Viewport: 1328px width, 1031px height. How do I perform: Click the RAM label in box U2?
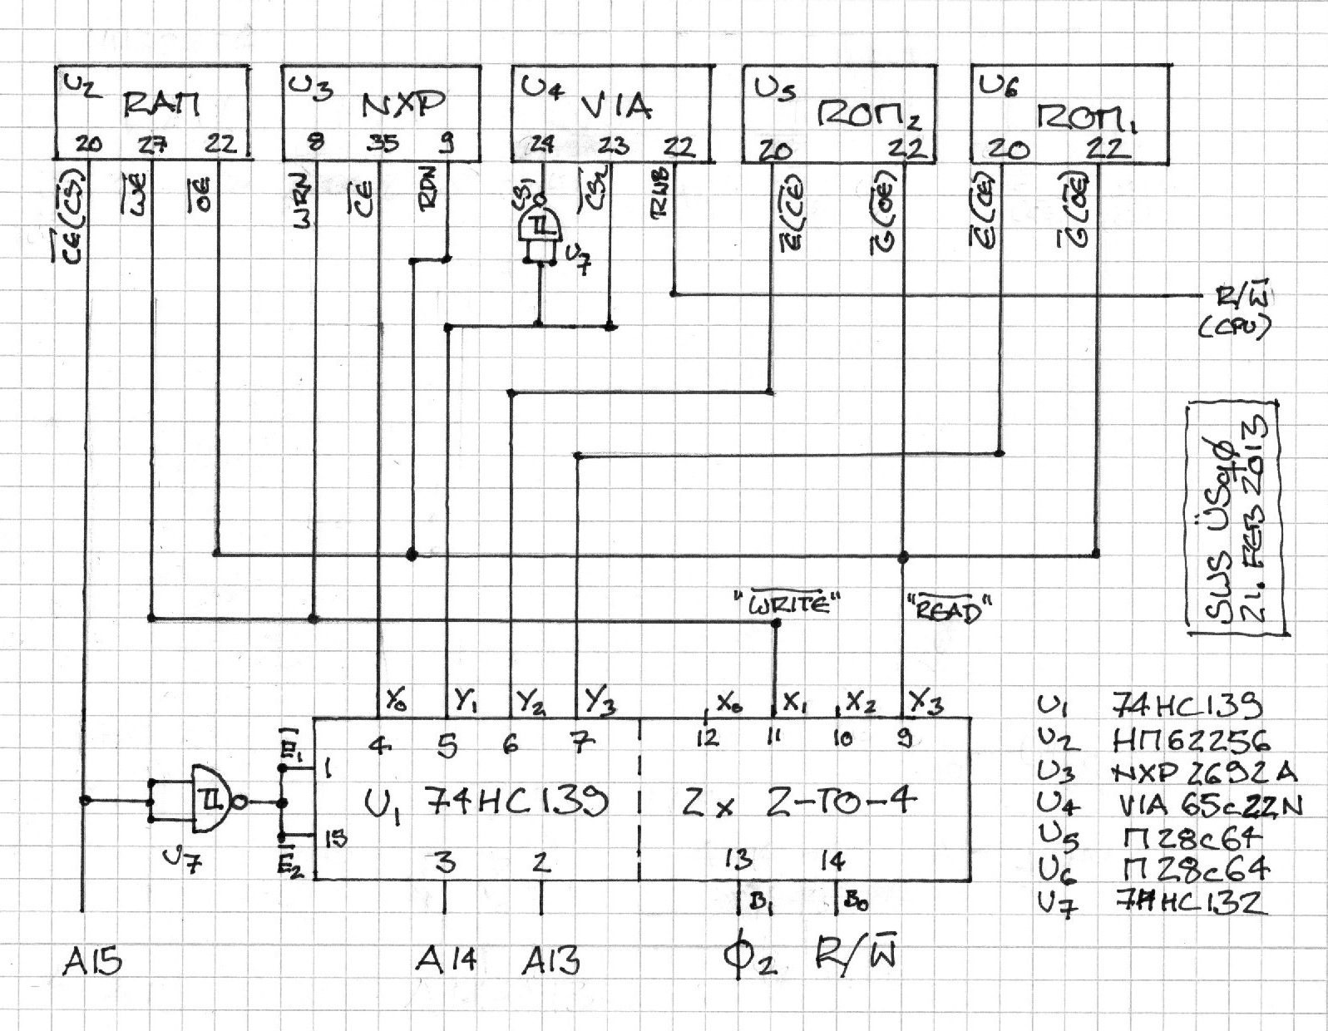coord(163,106)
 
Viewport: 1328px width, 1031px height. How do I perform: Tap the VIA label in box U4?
coord(616,106)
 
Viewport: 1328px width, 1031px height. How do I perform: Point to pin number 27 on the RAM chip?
coord(151,145)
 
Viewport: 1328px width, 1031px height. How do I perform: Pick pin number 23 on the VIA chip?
coord(614,145)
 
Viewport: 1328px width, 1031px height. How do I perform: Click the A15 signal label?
coord(92,962)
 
